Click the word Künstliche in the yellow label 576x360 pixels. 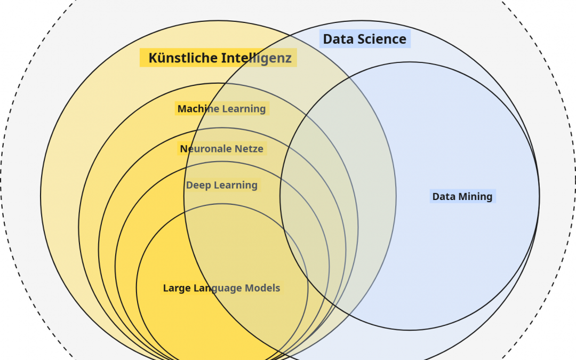coord(175,58)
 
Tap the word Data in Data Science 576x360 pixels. coord(339,39)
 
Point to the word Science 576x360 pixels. coord(383,39)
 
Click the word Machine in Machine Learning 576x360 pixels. coord(198,109)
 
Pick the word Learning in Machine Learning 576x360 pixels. coord(244,109)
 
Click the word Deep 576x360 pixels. coord(198,185)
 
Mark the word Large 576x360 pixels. coord(177,288)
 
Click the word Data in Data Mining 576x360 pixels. coord(444,196)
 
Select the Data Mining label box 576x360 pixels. coord(462,196)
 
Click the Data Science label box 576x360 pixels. coord(365,39)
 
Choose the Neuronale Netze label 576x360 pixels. coord(221,149)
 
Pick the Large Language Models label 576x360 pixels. coord(221,288)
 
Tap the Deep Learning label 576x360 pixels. coord(221,185)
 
